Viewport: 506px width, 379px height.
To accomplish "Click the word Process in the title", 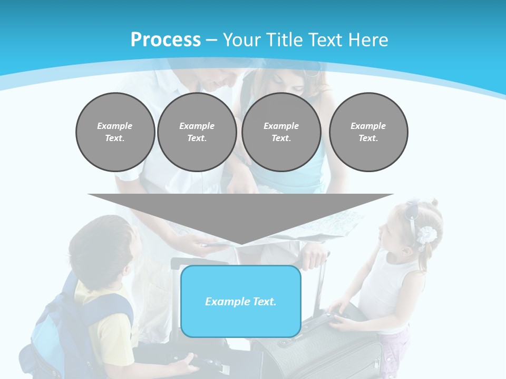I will tap(166, 40).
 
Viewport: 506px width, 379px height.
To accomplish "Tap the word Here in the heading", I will tap(367, 40).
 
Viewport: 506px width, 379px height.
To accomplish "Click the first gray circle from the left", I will tap(115, 132).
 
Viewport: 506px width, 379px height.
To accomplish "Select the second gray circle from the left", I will tap(197, 132).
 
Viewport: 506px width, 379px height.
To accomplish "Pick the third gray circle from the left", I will tap(281, 132).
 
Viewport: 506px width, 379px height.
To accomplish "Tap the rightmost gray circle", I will tap(368, 132).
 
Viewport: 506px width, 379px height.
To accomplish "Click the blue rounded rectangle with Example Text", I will tap(240, 302).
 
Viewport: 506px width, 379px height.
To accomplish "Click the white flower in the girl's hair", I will tap(426, 235).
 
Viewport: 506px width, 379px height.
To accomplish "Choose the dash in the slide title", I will tap(212, 40).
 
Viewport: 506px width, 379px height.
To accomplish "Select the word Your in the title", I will tap(244, 40).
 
